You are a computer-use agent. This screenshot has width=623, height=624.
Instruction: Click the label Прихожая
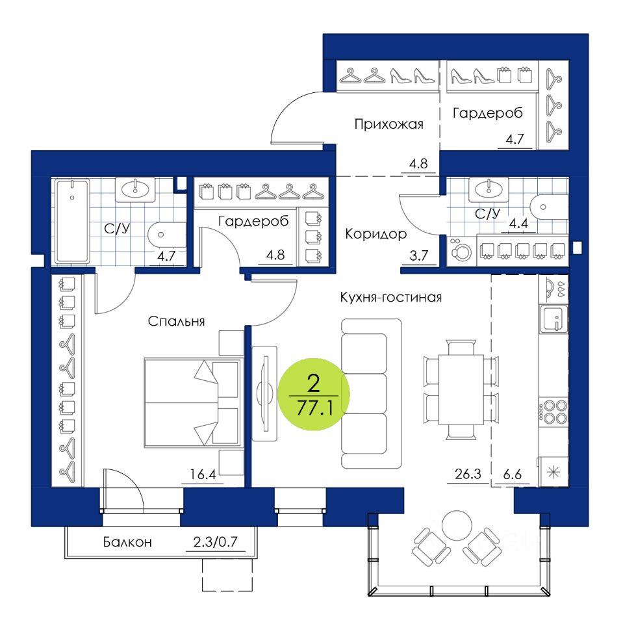(389, 124)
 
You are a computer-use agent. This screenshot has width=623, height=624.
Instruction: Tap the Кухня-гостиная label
(390, 298)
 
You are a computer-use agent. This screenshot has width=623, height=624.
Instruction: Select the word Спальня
(177, 320)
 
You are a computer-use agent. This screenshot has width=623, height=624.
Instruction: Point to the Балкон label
(127, 542)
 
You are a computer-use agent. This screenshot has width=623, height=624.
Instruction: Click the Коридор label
(376, 233)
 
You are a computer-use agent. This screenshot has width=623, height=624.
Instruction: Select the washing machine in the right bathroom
(460, 251)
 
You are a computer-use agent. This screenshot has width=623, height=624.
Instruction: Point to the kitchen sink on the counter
(553, 318)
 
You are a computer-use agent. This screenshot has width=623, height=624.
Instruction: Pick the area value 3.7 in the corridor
(413, 255)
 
